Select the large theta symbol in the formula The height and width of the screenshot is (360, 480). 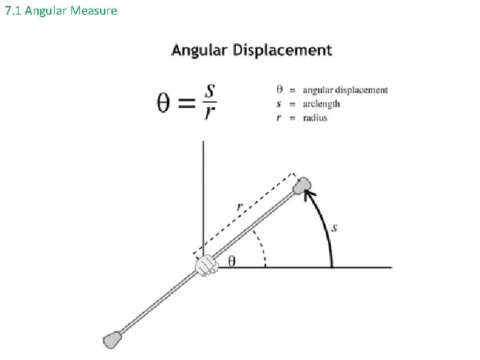click(167, 103)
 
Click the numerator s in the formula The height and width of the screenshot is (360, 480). click(210, 89)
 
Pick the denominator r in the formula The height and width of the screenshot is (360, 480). click(210, 114)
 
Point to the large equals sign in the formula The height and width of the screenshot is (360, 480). click(189, 103)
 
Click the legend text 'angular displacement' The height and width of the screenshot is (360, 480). click(345, 90)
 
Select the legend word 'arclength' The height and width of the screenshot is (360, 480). click(321, 104)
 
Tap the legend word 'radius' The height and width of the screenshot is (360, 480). click(315, 118)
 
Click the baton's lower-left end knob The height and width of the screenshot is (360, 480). click(111, 340)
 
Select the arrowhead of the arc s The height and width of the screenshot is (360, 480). click(309, 194)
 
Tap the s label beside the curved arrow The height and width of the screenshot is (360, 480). click(335, 229)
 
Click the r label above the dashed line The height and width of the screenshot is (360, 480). click(239, 207)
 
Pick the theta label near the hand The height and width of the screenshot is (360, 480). click(231, 261)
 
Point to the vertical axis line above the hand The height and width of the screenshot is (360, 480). click(203, 193)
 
